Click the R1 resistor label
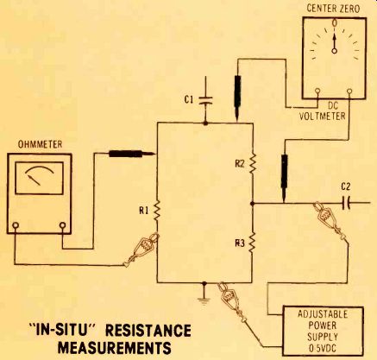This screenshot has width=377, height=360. [x=143, y=211]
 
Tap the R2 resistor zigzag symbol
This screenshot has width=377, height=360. [x=253, y=162]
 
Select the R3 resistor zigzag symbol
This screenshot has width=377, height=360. [x=252, y=243]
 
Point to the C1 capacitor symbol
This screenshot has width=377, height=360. [x=205, y=100]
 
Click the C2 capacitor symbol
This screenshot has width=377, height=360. [x=347, y=204]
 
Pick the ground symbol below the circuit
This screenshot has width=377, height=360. [x=204, y=300]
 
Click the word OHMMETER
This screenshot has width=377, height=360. [x=40, y=144]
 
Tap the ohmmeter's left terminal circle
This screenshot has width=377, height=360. [x=16, y=225]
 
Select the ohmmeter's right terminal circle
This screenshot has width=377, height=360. [x=62, y=225]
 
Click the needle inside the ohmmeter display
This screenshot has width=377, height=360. [x=35, y=180]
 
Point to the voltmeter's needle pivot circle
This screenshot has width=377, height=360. [x=334, y=51]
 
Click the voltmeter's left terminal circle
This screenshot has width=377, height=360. [x=317, y=92]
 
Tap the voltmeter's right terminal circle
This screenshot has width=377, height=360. [x=349, y=92]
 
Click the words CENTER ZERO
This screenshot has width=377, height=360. [x=333, y=9]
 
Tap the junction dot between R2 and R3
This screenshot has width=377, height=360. [x=252, y=204]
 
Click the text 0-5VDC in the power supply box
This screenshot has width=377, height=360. [x=322, y=349]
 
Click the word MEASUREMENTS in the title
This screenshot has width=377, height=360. [x=114, y=348]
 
